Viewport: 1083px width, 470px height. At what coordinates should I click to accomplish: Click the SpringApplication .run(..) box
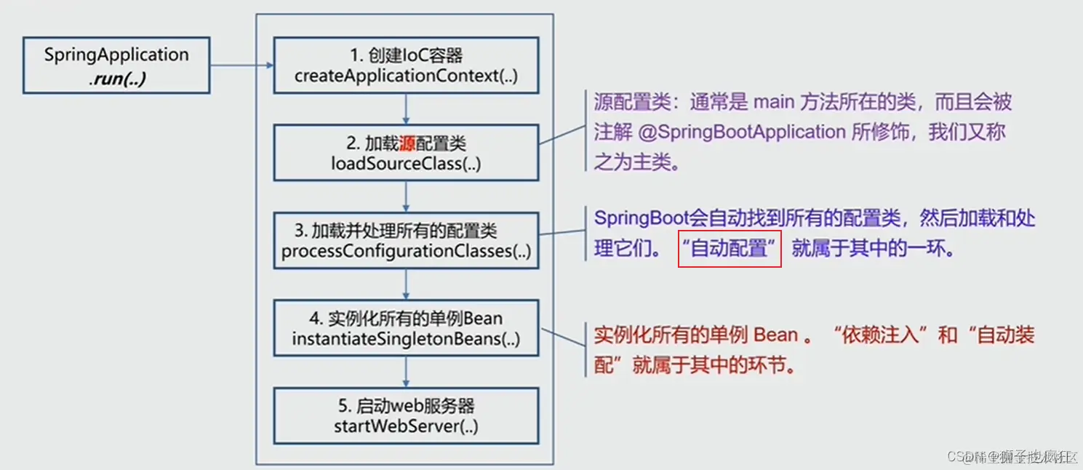tap(116, 66)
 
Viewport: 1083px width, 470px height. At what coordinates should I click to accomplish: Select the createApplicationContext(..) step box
tap(406, 65)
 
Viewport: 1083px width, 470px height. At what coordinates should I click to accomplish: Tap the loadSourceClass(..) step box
tap(406, 153)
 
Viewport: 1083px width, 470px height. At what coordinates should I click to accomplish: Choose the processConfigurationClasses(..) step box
tap(406, 241)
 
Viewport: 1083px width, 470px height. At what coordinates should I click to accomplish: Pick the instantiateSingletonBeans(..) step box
tap(406, 329)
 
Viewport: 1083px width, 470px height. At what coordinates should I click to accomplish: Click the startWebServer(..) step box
tap(406, 416)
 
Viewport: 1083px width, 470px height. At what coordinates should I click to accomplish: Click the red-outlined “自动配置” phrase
tap(730, 248)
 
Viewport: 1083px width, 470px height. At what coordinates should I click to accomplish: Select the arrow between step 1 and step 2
tap(406, 109)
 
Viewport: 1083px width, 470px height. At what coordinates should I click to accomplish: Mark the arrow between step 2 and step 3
tap(406, 196)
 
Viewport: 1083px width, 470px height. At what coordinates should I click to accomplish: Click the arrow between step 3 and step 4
tap(406, 284)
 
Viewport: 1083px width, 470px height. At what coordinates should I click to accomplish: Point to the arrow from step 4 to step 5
tap(406, 373)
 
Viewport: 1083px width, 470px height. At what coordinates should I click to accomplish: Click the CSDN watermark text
tap(1011, 456)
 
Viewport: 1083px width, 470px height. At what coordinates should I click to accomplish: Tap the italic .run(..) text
tap(117, 79)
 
